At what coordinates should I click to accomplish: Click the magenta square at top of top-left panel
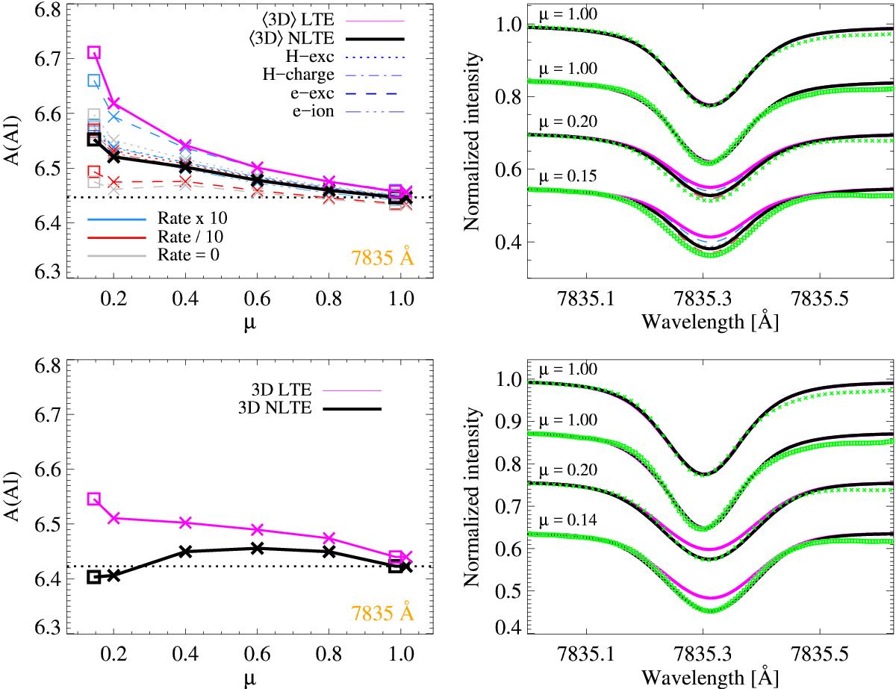point(94,52)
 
